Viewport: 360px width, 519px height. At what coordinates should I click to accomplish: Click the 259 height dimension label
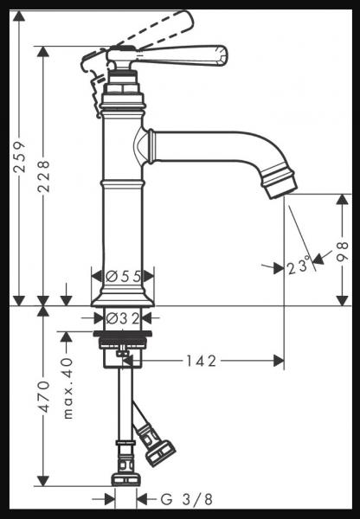19,157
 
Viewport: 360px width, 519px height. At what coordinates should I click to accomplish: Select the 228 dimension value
43,176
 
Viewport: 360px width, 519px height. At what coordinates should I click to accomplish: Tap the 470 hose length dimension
43,396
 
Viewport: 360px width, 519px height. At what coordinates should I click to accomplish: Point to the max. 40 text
67,388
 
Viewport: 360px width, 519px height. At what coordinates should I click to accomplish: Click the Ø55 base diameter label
124,276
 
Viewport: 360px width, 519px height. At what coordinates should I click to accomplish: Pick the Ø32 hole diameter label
123,318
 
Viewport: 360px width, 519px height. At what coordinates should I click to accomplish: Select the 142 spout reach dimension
201,361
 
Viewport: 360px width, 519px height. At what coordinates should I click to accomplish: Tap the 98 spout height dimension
343,253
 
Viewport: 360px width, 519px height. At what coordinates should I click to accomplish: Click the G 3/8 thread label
187,499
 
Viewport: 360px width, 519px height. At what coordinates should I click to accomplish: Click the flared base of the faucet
123,298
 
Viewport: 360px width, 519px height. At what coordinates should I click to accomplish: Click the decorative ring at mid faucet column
123,183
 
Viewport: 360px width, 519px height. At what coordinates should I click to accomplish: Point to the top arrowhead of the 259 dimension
19,16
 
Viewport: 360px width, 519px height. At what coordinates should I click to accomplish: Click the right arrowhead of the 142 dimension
279,361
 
